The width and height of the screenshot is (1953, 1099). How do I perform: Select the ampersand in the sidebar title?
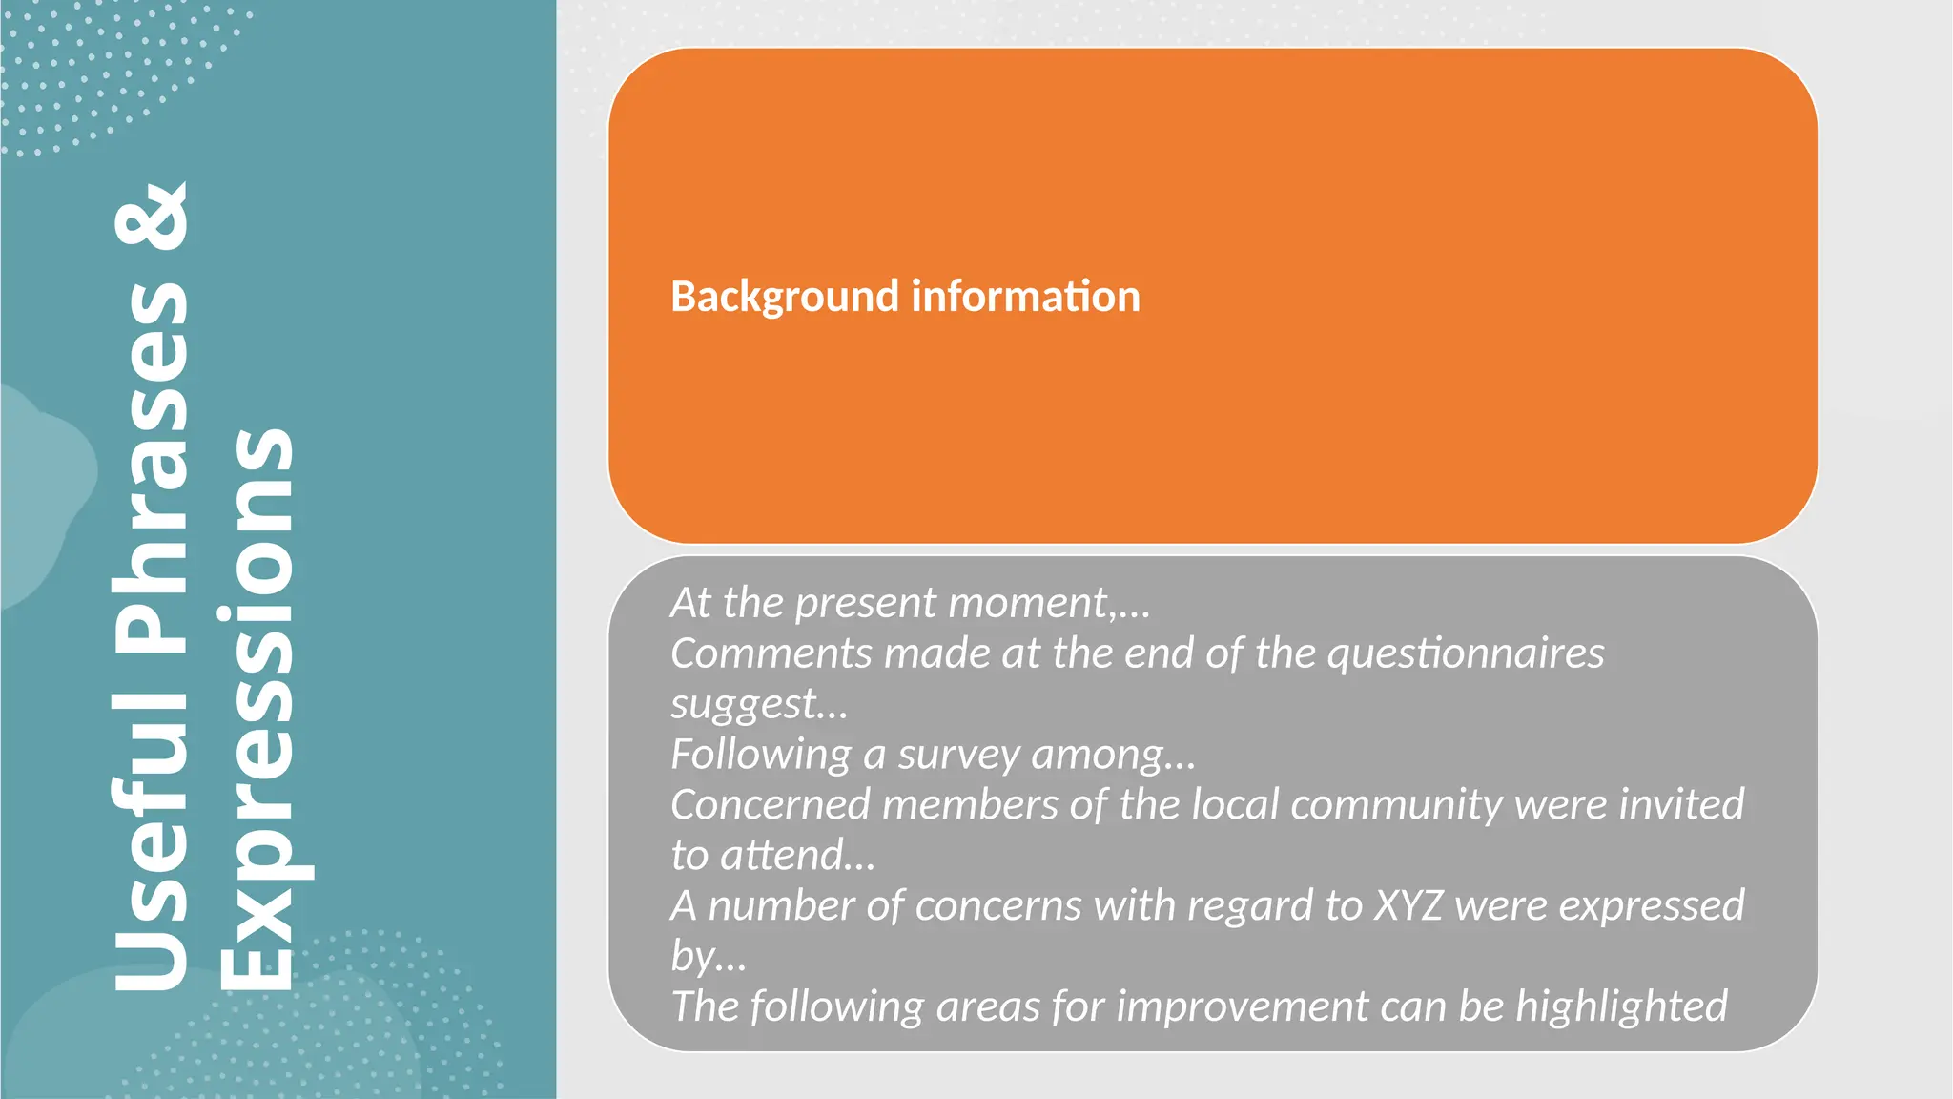pos(153,217)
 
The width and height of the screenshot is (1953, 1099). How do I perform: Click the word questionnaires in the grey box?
pos(1466,654)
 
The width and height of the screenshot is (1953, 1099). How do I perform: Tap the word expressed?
pos(1652,906)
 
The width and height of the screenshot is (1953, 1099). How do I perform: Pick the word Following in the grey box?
pos(761,755)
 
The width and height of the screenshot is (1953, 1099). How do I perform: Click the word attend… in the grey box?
pos(797,856)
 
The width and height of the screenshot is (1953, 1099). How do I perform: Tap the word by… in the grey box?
pos(709,957)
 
